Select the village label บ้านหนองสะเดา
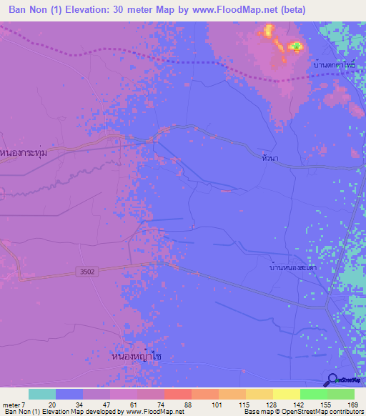point(294,267)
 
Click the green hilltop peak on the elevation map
point(295,47)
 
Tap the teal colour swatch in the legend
point(42,395)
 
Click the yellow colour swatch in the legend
point(287,395)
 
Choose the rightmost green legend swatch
point(341,395)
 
